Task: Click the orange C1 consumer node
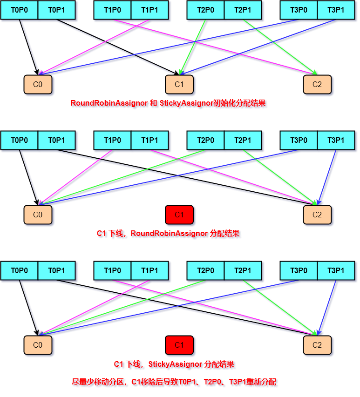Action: [x=179, y=84]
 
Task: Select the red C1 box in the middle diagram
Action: [x=179, y=215]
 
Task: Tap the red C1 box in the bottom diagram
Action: [x=179, y=345]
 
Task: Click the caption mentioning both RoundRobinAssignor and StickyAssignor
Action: [x=168, y=103]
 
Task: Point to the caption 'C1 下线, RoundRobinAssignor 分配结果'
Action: [x=168, y=234]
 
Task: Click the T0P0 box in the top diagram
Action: [x=19, y=10]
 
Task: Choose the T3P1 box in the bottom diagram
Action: [x=336, y=270]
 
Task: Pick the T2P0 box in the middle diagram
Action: [x=205, y=140]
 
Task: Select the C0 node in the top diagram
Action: [x=38, y=84]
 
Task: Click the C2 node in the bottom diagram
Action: [x=317, y=345]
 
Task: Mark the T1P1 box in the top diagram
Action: [x=149, y=10]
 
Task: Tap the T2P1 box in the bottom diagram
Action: [x=243, y=270]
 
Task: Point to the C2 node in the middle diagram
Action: [x=317, y=215]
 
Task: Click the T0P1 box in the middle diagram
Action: [x=56, y=140]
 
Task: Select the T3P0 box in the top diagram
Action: [x=299, y=10]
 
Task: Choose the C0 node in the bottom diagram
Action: [x=38, y=345]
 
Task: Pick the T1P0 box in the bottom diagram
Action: [x=112, y=270]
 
